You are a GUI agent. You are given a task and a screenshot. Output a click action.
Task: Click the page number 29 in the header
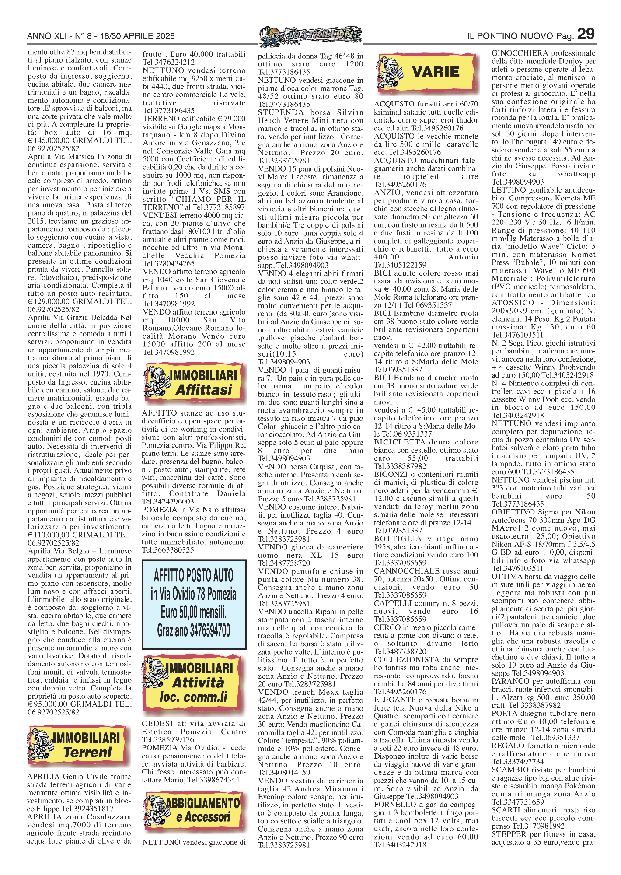tap(586, 34)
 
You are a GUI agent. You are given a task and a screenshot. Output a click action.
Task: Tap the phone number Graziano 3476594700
tap(194, 630)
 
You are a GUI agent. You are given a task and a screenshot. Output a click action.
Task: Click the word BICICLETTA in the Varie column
tap(400, 442)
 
